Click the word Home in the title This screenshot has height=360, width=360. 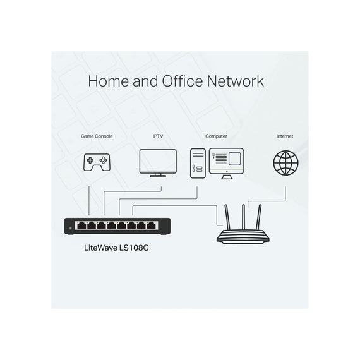(x=109, y=81)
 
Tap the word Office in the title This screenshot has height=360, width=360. (x=183, y=81)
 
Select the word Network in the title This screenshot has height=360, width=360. (x=236, y=81)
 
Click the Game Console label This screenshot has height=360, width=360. (x=97, y=136)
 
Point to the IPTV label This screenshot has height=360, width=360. (x=158, y=136)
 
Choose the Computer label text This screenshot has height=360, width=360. (x=216, y=136)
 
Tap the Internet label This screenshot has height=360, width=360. (x=285, y=136)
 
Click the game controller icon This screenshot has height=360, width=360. (x=97, y=162)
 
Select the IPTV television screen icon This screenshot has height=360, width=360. (x=158, y=163)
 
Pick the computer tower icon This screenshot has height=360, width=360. (x=198, y=163)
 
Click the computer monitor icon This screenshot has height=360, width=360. (x=227, y=164)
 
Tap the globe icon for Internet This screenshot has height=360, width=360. (x=285, y=163)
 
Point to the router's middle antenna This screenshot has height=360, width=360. (x=243, y=217)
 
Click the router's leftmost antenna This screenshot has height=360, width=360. (x=227, y=217)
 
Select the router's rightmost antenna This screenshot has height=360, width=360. (x=259, y=217)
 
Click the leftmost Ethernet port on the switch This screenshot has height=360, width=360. (x=81, y=225)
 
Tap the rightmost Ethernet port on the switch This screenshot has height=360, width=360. (x=151, y=225)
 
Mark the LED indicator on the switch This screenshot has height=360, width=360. (x=71, y=228)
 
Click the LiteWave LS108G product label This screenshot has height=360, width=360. (x=116, y=248)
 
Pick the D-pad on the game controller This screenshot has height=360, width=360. (x=90, y=160)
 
